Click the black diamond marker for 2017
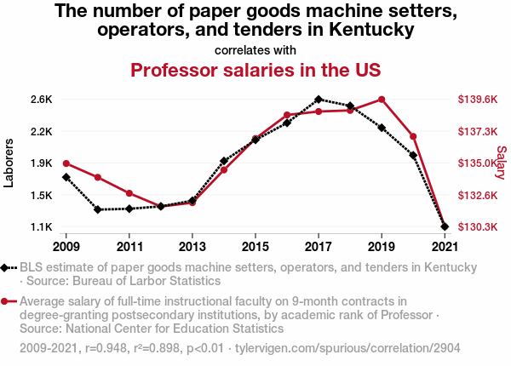(319, 100)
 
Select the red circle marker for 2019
(382, 100)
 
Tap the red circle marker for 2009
(66, 163)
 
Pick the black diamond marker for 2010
(98, 209)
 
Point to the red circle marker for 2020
(413, 136)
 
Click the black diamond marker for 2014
(224, 161)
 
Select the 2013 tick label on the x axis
(192, 247)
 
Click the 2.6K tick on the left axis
(40, 100)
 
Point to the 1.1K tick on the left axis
(40, 227)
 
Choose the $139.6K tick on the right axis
(477, 100)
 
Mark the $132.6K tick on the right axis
(477, 196)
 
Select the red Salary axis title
(501, 163)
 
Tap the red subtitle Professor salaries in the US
(255, 69)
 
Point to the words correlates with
(255, 49)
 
